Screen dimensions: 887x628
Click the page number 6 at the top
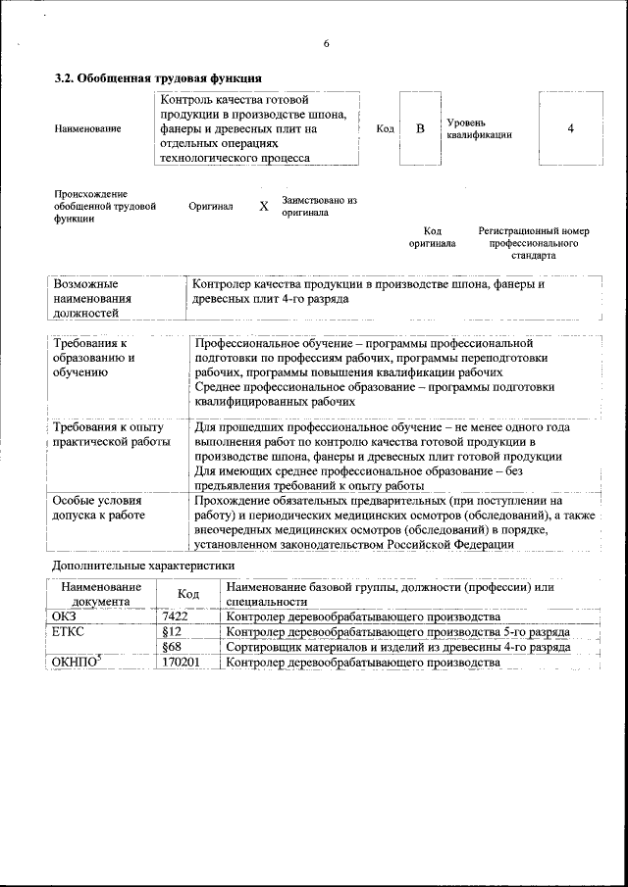(326, 43)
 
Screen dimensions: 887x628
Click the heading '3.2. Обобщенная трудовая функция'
(157, 77)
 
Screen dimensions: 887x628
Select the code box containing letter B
(420, 128)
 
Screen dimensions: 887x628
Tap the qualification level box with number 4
(570, 128)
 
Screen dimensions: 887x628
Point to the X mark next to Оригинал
(263, 207)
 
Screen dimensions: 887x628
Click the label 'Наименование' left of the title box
(88, 129)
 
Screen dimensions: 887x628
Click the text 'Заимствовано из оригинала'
(319, 206)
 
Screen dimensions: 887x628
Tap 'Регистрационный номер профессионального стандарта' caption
(533, 243)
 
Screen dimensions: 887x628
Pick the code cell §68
(173, 647)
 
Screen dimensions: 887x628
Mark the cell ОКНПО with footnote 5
(76, 663)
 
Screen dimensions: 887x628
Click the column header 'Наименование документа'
(100, 593)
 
